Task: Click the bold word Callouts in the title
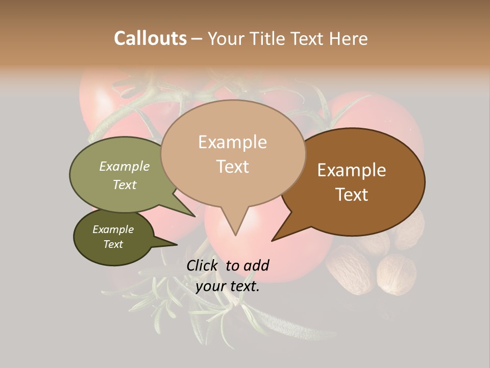(x=150, y=38)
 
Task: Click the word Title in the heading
(x=267, y=38)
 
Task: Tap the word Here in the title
(x=348, y=38)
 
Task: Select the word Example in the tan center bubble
(x=232, y=142)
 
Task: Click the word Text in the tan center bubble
(x=232, y=167)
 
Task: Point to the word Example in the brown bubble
(x=352, y=170)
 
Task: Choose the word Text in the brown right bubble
(x=352, y=195)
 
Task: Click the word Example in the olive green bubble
(x=124, y=166)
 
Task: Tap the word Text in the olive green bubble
(x=124, y=185)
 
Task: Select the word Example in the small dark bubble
(x=113, y=229)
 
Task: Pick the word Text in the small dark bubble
(x=113, y=244)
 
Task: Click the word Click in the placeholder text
(x=203, y=265)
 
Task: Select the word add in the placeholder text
(x=256, y=265)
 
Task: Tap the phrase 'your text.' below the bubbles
(x=227, y=287)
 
